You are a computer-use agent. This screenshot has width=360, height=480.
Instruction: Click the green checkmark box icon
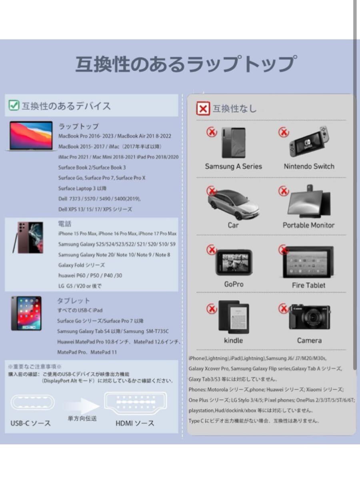coord(14,106)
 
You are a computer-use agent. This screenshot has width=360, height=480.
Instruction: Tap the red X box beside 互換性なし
coord(203,108)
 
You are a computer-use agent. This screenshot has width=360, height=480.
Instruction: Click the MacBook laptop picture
coord(31,136)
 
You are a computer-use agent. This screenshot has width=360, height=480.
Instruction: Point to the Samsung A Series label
coord(233,166)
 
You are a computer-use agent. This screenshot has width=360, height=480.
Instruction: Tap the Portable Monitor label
coord(308,225)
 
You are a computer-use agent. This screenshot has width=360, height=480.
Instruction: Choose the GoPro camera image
coord(234,262)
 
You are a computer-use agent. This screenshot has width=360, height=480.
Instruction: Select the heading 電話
coord(64,224)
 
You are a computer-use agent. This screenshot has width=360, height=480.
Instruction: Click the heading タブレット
coord(74,300)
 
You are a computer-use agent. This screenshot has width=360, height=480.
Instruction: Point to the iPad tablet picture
coord(26,313)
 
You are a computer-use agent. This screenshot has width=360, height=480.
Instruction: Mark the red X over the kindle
coord(223,308)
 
